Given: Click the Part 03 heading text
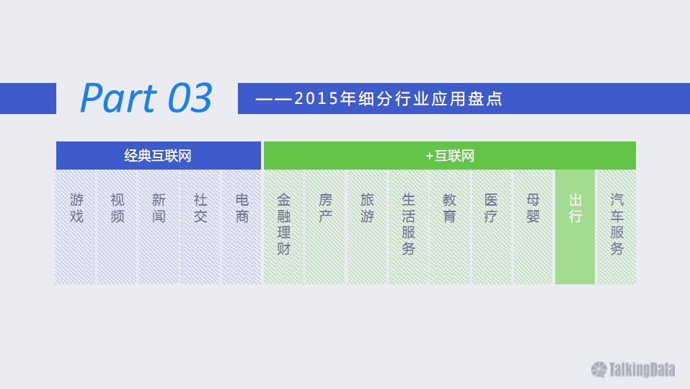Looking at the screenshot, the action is tap(146, 98).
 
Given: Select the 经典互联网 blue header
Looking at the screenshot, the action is tap(159, 155).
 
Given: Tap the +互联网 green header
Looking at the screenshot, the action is tap(450, 155).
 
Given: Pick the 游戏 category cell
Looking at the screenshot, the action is tap(75, 227).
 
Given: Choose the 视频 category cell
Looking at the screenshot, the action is tap(117, 227).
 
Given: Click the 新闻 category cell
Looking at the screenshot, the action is tap(159, 227).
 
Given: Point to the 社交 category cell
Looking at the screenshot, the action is tap(200, 227).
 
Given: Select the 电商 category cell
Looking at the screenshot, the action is tap(242, 227).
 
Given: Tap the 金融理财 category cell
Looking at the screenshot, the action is tap(284, 227).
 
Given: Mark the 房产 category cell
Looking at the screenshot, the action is tap(325, 227).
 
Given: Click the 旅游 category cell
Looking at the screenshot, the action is tap(367, 227).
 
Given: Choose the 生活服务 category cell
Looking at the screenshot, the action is tap(408, 227).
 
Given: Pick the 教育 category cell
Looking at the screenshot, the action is tap(449, 227).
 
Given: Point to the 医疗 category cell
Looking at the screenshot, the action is tap(491, 227).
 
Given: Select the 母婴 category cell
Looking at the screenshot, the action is tap(533, 227).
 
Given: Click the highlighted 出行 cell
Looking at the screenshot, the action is tap(575, 227).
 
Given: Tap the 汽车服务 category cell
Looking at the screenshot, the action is tap(616, 227).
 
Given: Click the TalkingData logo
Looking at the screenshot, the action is tap(633, 370).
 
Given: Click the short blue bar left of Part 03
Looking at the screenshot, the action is tap(28, 99).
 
